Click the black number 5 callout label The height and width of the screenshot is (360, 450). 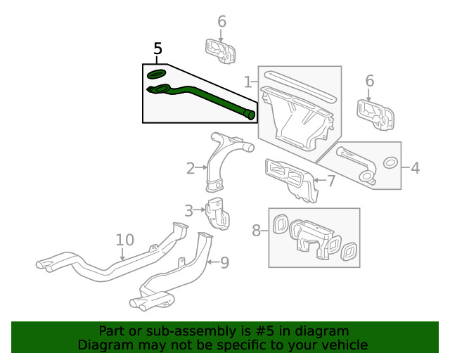tap(157, 49)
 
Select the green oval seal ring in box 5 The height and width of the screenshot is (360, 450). tap(156, 74)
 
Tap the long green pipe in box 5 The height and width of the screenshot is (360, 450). tap(211, 98)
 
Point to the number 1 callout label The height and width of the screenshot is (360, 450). tap(247, 82)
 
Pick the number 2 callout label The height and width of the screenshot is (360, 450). tap(191, 168)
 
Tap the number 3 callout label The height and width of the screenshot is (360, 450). tap(189, 210)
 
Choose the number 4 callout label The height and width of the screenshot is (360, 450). tap(415, 168)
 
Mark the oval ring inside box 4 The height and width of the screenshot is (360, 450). tap(388, 164)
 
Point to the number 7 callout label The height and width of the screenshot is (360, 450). tap(331, 181)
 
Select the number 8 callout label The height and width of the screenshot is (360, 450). tap(257, 229)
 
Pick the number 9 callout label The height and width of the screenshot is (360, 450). tap(224, 263)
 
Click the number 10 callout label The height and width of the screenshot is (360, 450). tap(124, 240)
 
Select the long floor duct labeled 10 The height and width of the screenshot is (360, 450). tap(105, 264)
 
